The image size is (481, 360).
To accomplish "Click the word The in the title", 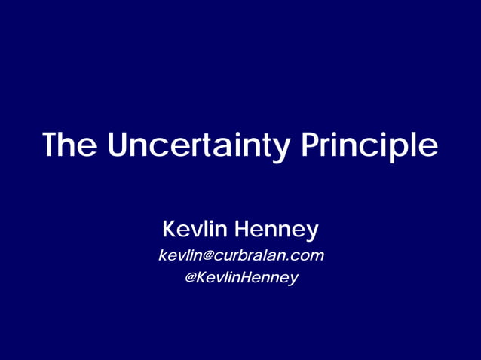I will point(69,145).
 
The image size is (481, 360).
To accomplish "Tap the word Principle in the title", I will point(370,146).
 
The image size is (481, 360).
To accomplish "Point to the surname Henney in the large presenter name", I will point(277,228).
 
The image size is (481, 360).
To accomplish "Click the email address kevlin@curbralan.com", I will point(240,255).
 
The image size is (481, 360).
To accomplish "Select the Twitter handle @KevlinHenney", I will point(240,278).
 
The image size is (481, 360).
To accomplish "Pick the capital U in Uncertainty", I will point(118,145).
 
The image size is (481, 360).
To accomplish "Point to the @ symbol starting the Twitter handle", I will point(191,278).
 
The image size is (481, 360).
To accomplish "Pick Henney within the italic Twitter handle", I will point(271,278).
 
